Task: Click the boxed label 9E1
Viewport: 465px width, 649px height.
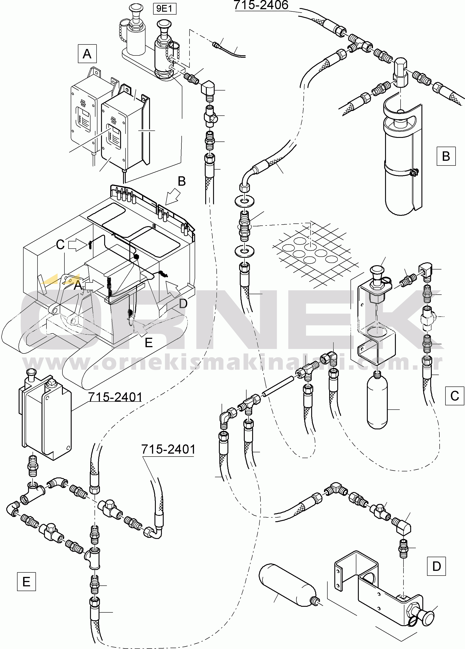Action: tap(165, 9)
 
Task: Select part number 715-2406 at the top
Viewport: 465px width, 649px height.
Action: tap(261, 5)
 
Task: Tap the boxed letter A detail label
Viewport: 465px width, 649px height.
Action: tap(87, 53)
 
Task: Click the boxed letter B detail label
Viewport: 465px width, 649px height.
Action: tap(446, 156)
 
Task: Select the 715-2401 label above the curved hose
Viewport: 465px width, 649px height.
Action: tap(168, 449)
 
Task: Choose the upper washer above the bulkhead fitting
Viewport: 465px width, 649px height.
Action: tap(244, 201)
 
